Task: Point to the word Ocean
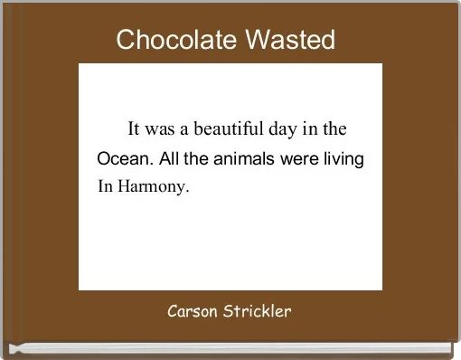click(124, 159)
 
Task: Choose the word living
click(343, 159)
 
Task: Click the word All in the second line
click(171, 159)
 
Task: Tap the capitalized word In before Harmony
click(105, 189)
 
